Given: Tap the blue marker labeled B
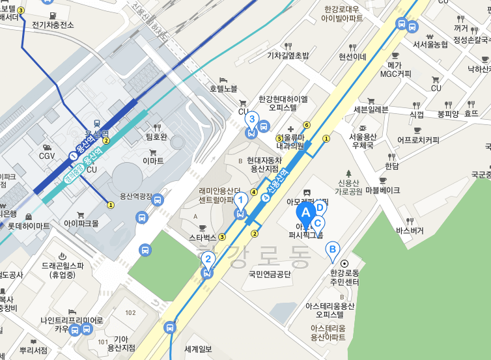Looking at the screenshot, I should point(332,249).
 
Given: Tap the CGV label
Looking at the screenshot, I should point(47,156).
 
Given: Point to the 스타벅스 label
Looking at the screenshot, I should point(202,237).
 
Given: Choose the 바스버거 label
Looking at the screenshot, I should point(410,230).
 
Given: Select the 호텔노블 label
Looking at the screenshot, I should point(223,88).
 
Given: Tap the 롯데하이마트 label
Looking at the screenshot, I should point(29,225).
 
